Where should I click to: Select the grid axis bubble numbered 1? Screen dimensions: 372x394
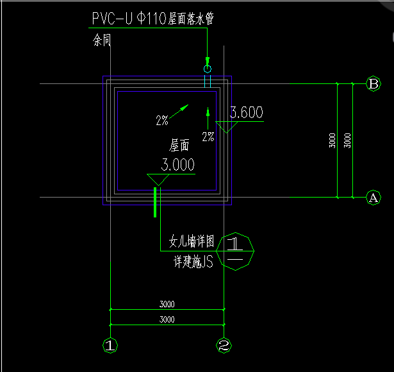click(x=111, y=346)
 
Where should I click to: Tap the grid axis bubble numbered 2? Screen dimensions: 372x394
click(x=224, y=346)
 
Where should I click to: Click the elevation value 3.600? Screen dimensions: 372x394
click(x=246, y=114)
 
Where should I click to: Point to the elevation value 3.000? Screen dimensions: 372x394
click(x=177, y=165)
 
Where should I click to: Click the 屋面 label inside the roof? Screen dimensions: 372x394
click(x=179, y=146)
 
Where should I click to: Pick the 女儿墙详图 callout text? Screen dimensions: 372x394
click(x=191, y=242)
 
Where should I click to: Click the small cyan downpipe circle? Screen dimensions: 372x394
click(x=207, y=69)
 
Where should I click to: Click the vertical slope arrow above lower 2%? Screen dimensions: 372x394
click(x=208, y=118)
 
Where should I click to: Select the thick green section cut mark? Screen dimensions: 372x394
click(x=155, y=202)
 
